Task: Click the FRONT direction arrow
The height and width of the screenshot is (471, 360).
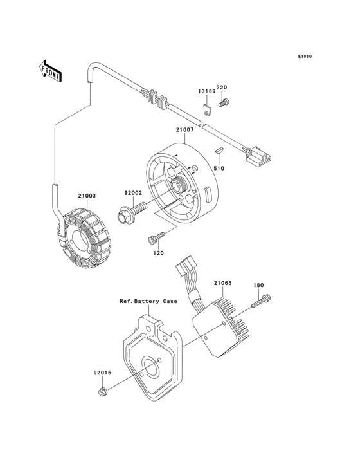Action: point(50,71)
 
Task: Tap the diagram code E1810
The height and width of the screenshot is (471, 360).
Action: point(305,56)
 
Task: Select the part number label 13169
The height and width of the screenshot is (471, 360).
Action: point(207,91)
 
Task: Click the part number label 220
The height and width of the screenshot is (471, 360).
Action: point(222,88)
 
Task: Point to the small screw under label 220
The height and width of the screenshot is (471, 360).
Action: point(223,103)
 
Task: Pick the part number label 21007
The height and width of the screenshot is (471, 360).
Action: point(184,130)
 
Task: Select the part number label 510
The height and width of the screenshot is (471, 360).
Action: point(219,169)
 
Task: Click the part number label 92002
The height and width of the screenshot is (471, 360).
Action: point(134,193)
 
